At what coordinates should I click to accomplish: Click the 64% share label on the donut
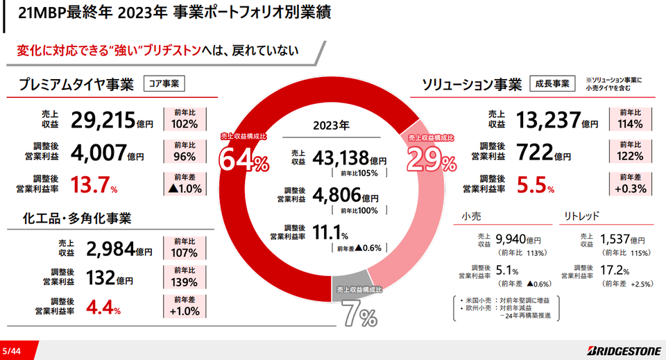point(244,160)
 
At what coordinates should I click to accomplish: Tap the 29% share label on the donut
point(432,162)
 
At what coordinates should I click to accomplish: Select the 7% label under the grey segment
point(358,316)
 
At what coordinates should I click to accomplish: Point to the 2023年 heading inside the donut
point(331,127)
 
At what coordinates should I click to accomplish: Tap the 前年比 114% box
point(630,119)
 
